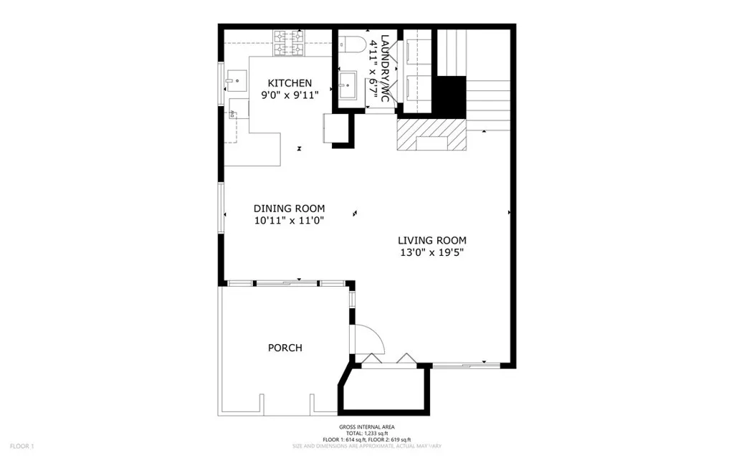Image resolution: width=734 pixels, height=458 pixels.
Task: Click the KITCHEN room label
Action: (290, 83)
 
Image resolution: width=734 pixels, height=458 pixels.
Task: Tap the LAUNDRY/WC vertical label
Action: (385, 68)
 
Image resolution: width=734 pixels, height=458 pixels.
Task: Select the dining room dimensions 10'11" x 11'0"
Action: (289, 221)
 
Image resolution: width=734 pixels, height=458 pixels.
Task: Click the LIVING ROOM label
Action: (433, 240)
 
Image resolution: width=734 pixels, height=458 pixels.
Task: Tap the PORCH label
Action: (285, 348)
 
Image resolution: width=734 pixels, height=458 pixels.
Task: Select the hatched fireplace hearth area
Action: (431, 135)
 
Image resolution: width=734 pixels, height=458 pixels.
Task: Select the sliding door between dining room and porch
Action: (287, 284)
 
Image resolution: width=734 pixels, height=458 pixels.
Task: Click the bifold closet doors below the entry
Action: (388, 358)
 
